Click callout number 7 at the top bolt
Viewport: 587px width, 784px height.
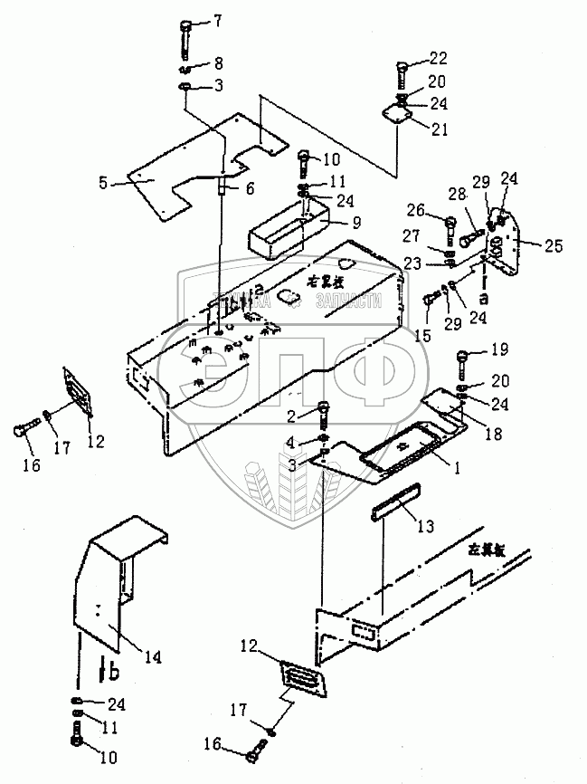[x=216, y=21]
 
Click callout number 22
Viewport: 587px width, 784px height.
[x=438, y=60]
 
